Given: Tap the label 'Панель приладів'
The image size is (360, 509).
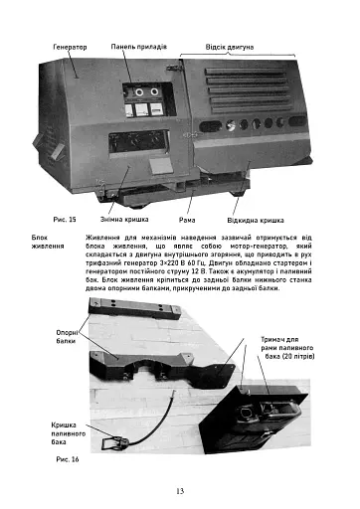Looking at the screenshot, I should [x=145, y=47].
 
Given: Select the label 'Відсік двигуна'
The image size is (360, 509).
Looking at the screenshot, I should [x=230, y=47].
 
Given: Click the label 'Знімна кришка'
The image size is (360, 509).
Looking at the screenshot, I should [x=124, y=218].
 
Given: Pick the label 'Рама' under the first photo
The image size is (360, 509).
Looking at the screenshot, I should [x=187, y=218].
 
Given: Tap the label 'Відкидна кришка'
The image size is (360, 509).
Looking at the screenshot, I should [x=256, y=218].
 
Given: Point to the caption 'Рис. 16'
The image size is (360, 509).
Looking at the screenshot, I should [x=68, y=460].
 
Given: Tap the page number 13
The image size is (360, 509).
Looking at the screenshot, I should [x=179, y=490].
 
